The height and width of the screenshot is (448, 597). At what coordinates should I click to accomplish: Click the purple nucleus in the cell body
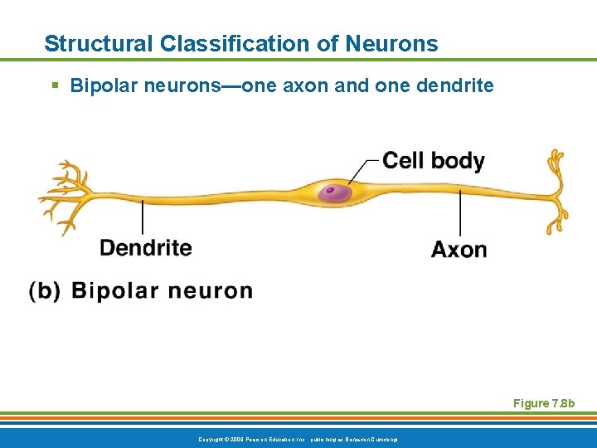pyautogui.click(x=335, y=193)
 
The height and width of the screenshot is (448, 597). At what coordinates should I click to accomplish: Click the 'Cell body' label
pyautogui.click(x=433, y=160)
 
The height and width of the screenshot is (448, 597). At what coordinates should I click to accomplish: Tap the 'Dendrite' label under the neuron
pyautogui.click(x=145, y=248)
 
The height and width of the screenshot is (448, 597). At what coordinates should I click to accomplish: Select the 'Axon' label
pyautogui.click(x=459, y=250)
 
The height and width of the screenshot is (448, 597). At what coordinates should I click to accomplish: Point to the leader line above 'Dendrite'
pyautogui.click(x=143, y=217)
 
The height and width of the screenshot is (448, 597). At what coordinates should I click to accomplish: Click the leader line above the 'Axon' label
pyautogui.click(x=460, y=217)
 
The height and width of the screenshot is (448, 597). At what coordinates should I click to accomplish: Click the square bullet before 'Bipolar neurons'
pyautogui.click(x=54, y=86)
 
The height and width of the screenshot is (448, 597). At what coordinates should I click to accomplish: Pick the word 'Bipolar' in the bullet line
pyautogui.click(x=98, y=86)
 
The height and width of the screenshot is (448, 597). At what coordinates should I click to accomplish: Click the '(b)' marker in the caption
pyautogui.click(x=45, y=291)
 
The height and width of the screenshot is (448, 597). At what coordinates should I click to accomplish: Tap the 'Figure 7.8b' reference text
pyautogui.click(x=544, y=403)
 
